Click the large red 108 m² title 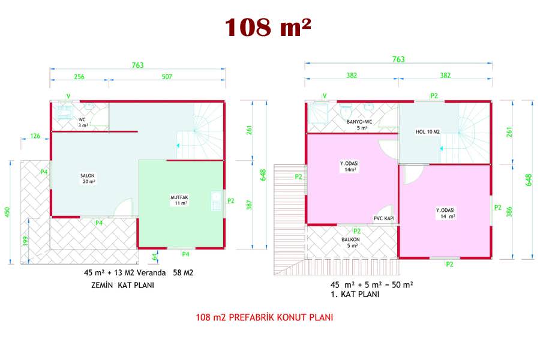(x=268, y=27)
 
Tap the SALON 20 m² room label (x=88, y=178)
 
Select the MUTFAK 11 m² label (x=179, y=200)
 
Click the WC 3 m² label (x=83, y=122)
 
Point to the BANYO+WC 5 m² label (x=359, y=125)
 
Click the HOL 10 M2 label (x=427, y=131)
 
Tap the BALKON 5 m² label (x=351, y=242)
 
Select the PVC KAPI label (x=384, y=218)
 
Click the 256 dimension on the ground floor (x=79, y=76)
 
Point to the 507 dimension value (x=167, y=76)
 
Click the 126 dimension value (x=35, y=136)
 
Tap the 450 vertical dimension (x=7, y=212)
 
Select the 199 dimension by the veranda (x=25, y=241)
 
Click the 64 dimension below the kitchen (x=154, y=256)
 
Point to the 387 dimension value (x=249, y=205)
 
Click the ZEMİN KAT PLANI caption (x=122, y=285)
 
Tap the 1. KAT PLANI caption (x=355, y=294)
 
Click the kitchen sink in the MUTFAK (x=216, y=201)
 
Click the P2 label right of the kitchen (x=231, y=201)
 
